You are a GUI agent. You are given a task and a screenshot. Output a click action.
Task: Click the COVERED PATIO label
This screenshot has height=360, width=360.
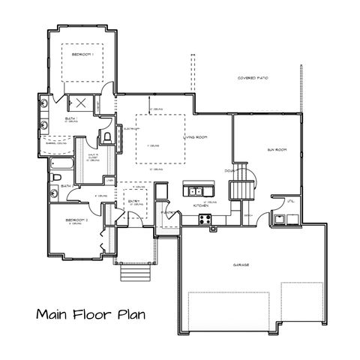coord(253,77)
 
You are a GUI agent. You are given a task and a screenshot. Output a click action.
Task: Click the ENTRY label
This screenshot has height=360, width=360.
coord(134,201)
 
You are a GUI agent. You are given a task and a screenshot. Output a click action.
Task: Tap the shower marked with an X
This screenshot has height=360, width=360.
coord(79,104)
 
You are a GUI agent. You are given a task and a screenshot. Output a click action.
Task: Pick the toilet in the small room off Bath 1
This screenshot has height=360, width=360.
coord(107,136)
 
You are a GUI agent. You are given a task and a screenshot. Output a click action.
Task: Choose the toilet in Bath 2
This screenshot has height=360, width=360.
coord(57,177)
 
